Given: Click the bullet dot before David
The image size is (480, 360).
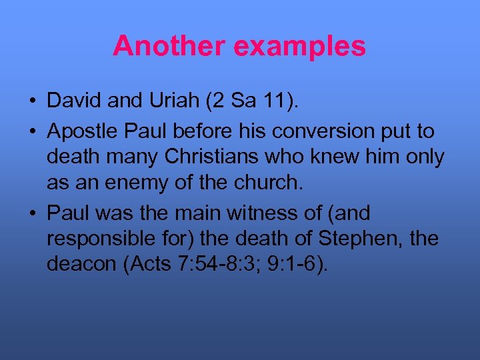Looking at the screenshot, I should coord(32,101).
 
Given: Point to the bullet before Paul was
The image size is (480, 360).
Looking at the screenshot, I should coord(32,214).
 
